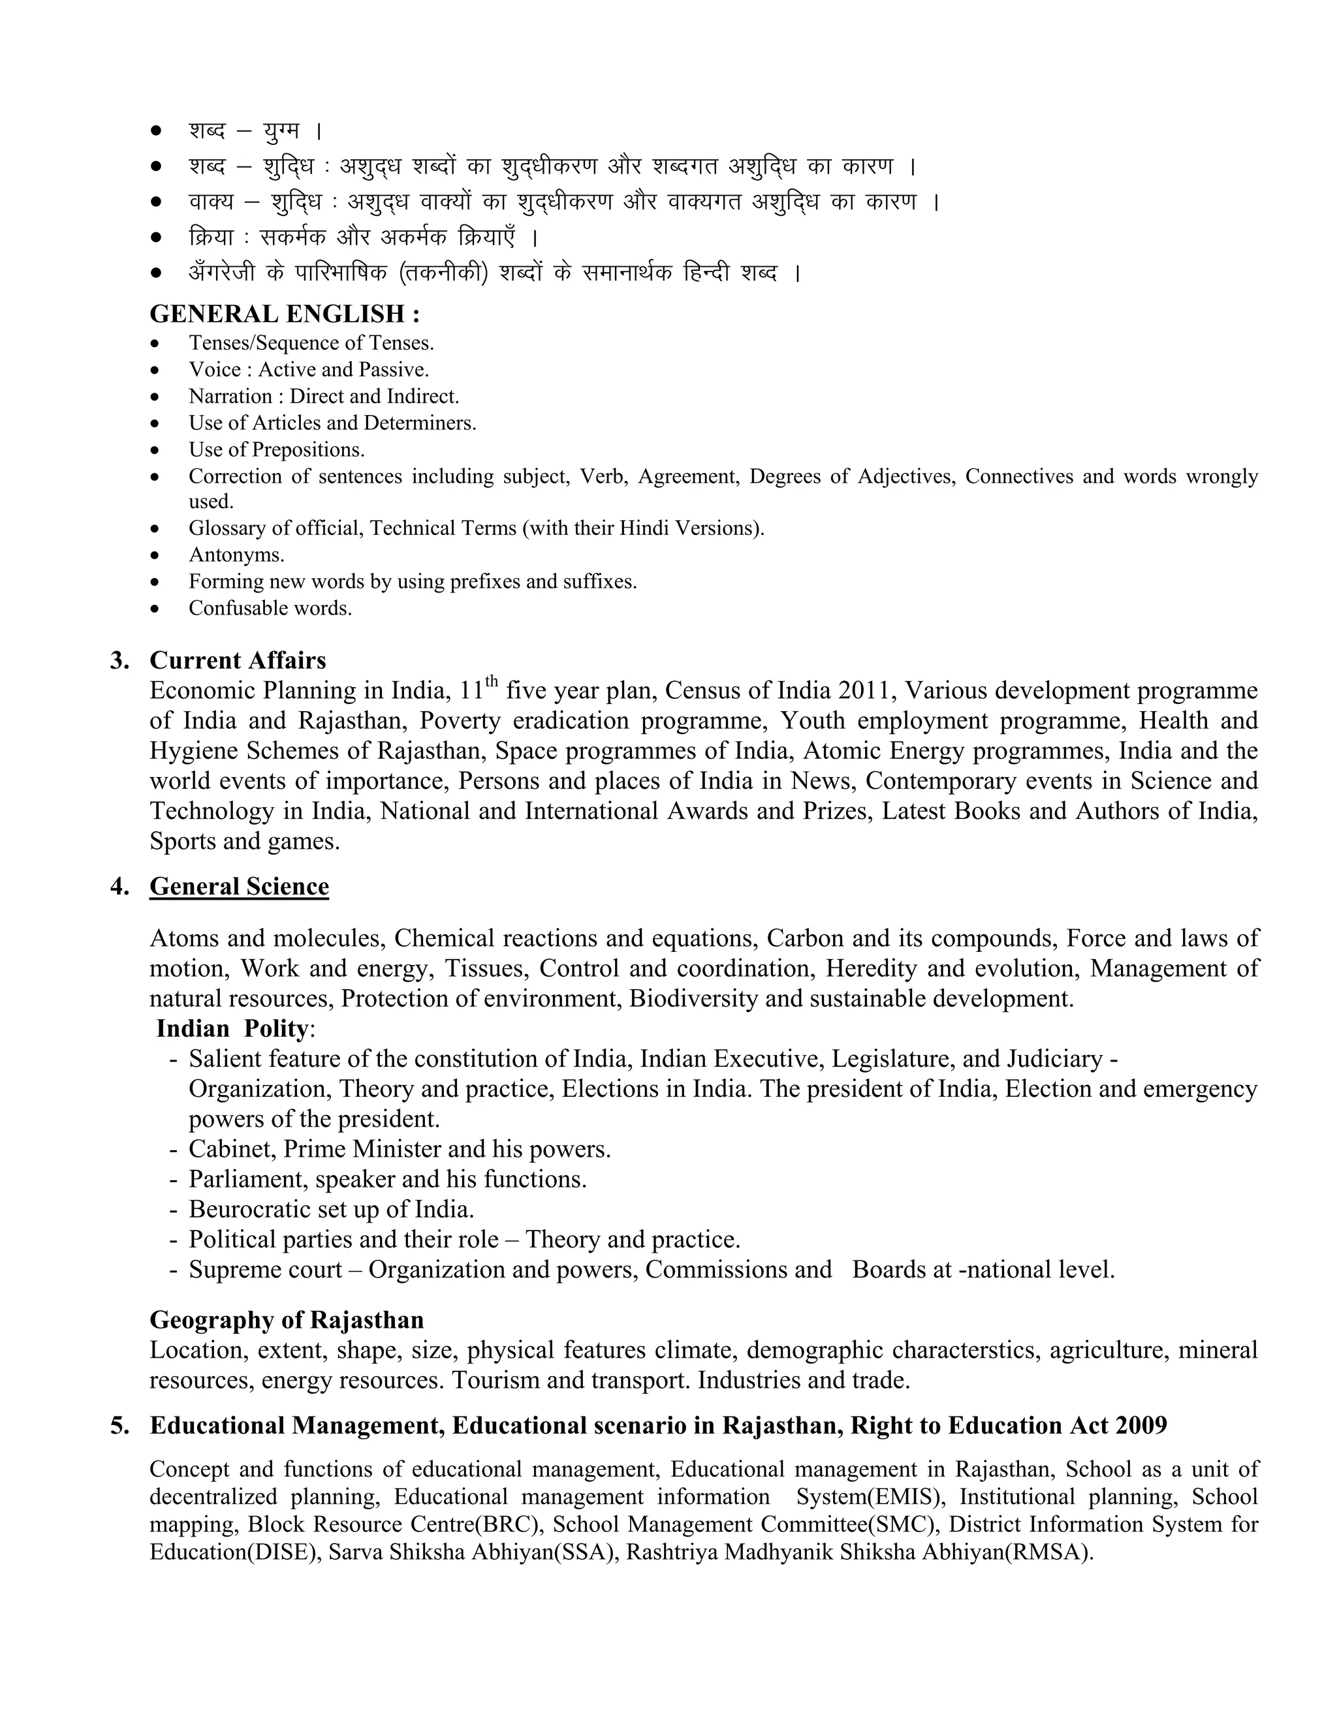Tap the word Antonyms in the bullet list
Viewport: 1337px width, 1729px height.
236,555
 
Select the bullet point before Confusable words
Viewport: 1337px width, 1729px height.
156,609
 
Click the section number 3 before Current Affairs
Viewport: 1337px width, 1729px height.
119,660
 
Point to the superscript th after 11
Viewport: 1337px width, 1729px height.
492,681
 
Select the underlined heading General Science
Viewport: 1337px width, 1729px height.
239,886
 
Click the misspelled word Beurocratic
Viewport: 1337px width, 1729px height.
253,1209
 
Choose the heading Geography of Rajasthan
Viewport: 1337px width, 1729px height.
287,1320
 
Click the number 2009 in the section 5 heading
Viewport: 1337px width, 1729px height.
1141,1425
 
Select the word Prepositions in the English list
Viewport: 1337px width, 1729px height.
308,450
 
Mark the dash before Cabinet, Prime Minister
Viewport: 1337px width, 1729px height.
172,1150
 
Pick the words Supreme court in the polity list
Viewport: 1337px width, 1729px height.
265,1269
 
